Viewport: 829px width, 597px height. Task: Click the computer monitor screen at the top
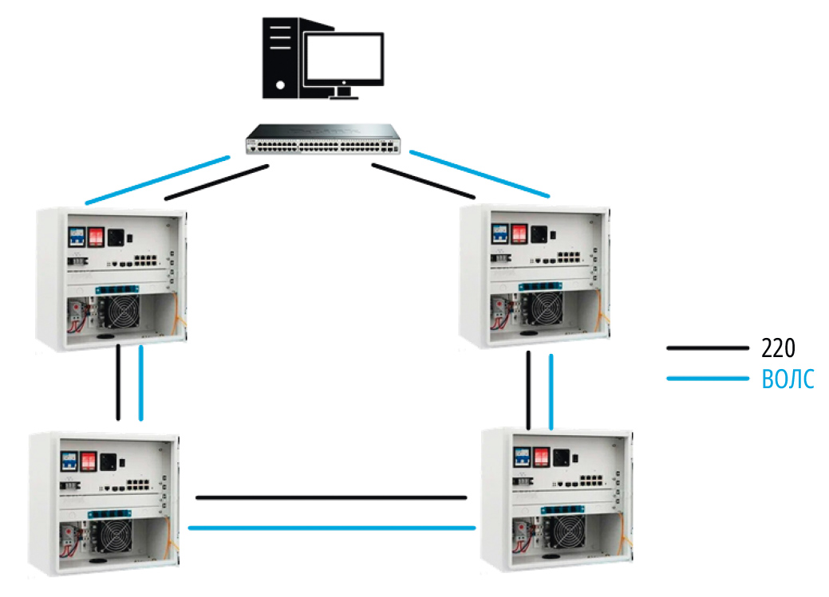coord(344,57)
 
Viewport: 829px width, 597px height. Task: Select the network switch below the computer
coord(323,139)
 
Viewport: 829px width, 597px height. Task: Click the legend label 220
coord(778,348)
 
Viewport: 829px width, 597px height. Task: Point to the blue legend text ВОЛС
coord(788,379)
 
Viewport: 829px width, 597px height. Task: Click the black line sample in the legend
coord(708,348)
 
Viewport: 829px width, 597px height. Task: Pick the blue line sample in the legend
coord(708,379)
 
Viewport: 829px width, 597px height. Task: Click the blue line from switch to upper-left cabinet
coord(157,179)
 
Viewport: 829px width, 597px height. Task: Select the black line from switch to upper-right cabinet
coord(424,181)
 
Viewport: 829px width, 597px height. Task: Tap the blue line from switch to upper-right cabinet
coord(480,174)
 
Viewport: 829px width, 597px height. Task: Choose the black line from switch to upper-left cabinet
coord(217,183)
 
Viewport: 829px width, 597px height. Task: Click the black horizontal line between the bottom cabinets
coord(331,497)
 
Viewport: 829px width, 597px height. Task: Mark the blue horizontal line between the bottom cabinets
coord(332,528)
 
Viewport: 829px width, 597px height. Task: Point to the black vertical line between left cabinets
coord(118,383)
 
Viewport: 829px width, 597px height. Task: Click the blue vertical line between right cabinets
coord(551,391)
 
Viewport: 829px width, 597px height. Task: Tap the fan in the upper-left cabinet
coord(122,311)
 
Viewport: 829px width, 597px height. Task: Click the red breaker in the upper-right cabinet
coord(519,234)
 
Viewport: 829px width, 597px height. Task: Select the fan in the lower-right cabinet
coord(568,532)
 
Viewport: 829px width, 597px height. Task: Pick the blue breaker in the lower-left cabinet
coord(69,461)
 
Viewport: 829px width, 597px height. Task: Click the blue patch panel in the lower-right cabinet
coord(563,509)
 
